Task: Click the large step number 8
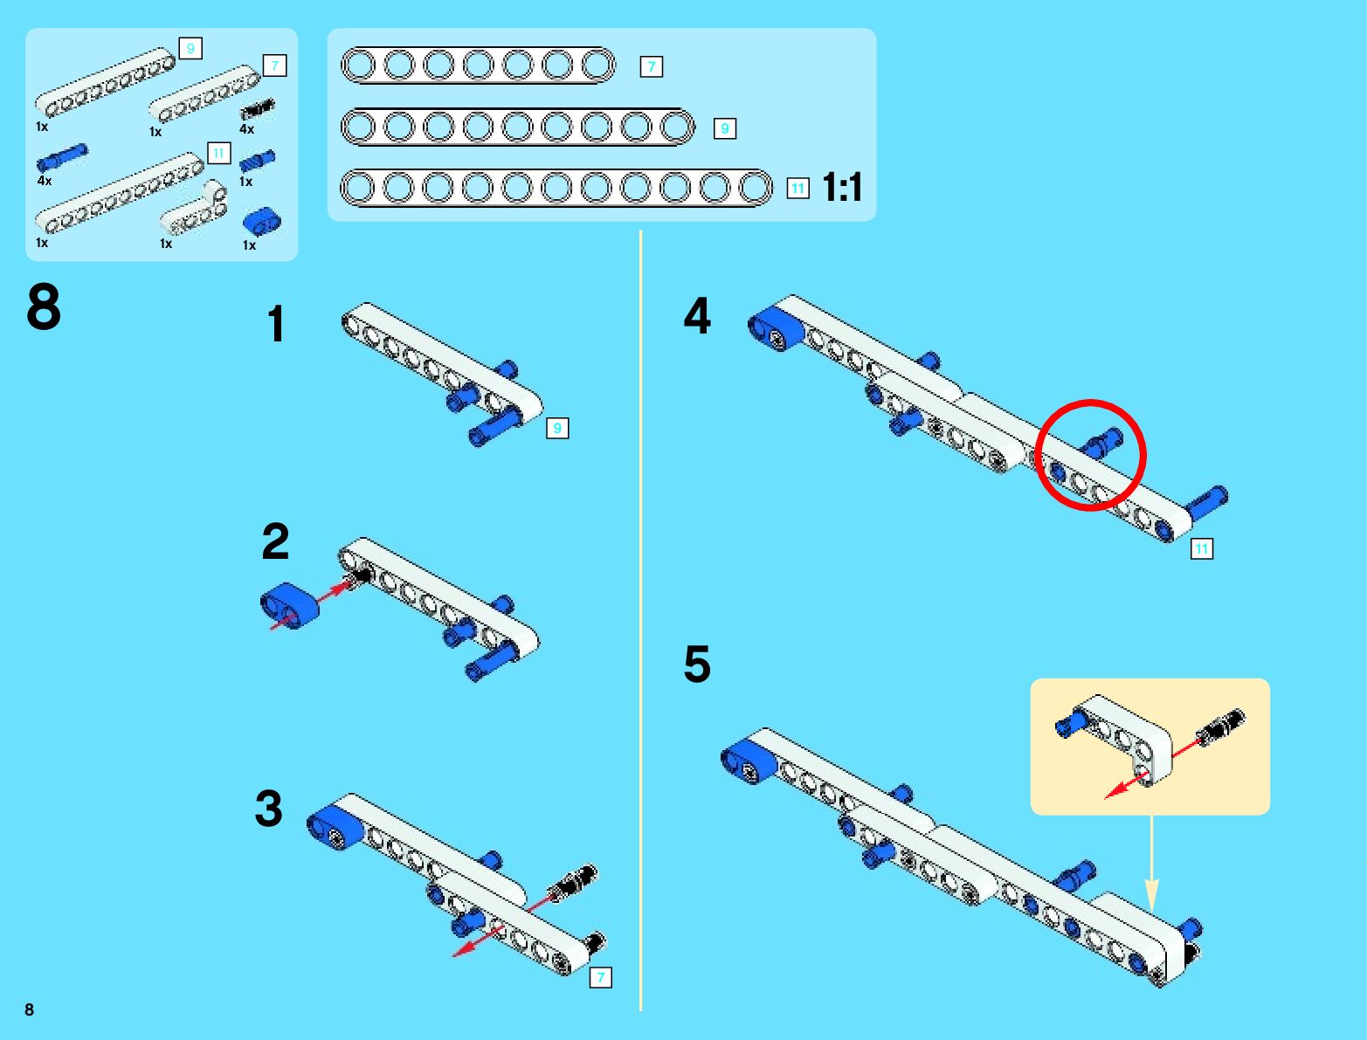44,307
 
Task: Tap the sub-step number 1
276,324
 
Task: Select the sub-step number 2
275,542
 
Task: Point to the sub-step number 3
269,809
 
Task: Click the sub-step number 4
697,316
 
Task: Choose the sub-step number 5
697,665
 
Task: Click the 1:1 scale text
842,187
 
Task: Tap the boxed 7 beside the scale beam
651,66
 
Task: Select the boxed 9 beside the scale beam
724,128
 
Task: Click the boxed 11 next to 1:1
797,188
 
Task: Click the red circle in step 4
1090,454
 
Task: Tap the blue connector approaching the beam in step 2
290,606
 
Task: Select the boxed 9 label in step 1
557,428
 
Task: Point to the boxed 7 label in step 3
601,977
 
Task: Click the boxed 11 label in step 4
1202,548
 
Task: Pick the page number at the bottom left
30,1009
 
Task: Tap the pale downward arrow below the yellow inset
1151,864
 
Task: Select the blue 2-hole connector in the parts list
261,222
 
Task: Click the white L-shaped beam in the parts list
194,211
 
